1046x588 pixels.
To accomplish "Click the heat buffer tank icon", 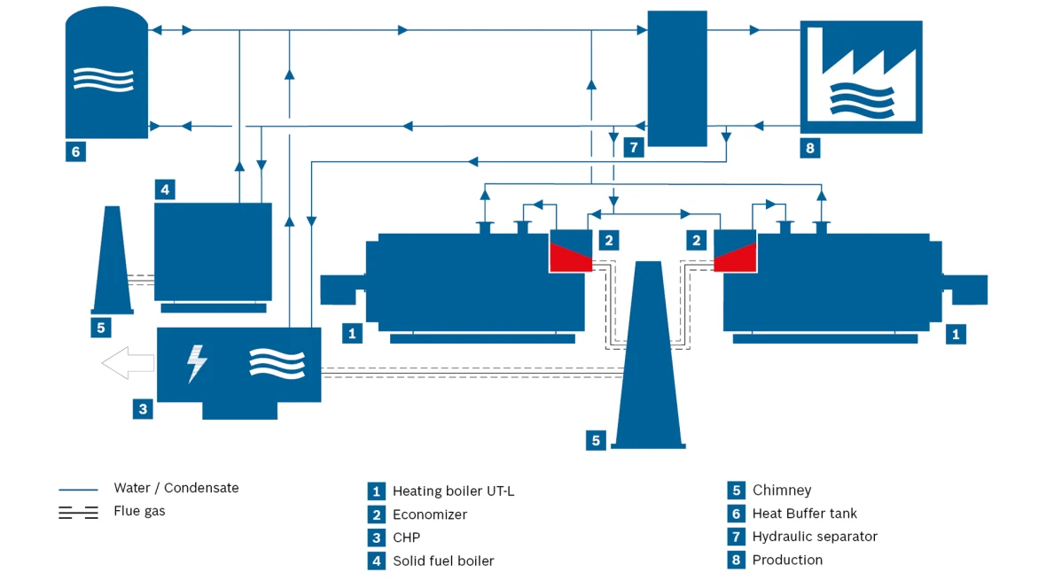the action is (106, 73).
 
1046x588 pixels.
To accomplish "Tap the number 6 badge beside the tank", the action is (75, 152).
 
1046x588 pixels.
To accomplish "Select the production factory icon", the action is (862, 77).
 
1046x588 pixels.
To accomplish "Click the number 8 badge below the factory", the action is (810, 148).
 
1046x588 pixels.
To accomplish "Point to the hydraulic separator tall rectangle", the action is (677, 79).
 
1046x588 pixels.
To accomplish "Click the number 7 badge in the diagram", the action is (634, 147).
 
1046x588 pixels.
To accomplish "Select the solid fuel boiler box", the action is (213, 252).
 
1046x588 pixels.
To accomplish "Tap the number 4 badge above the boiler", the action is (165, 190).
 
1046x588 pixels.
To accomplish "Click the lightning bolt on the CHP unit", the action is (197, 363).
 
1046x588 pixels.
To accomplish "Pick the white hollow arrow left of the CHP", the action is (128, 363).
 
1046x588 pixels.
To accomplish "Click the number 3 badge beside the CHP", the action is (143, 408).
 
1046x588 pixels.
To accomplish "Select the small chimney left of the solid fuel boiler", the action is (112, 260).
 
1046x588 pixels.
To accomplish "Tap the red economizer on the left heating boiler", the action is (571, 258).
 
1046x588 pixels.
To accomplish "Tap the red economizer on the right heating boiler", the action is (735, 258).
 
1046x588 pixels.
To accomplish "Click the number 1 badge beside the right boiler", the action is (956, 334).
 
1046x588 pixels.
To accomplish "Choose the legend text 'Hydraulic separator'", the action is (815, 537).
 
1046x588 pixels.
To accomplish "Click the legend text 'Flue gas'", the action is (139, 511).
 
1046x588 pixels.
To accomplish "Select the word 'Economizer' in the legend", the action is (430, 514).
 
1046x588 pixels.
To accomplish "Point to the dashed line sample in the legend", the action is (78, 513).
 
